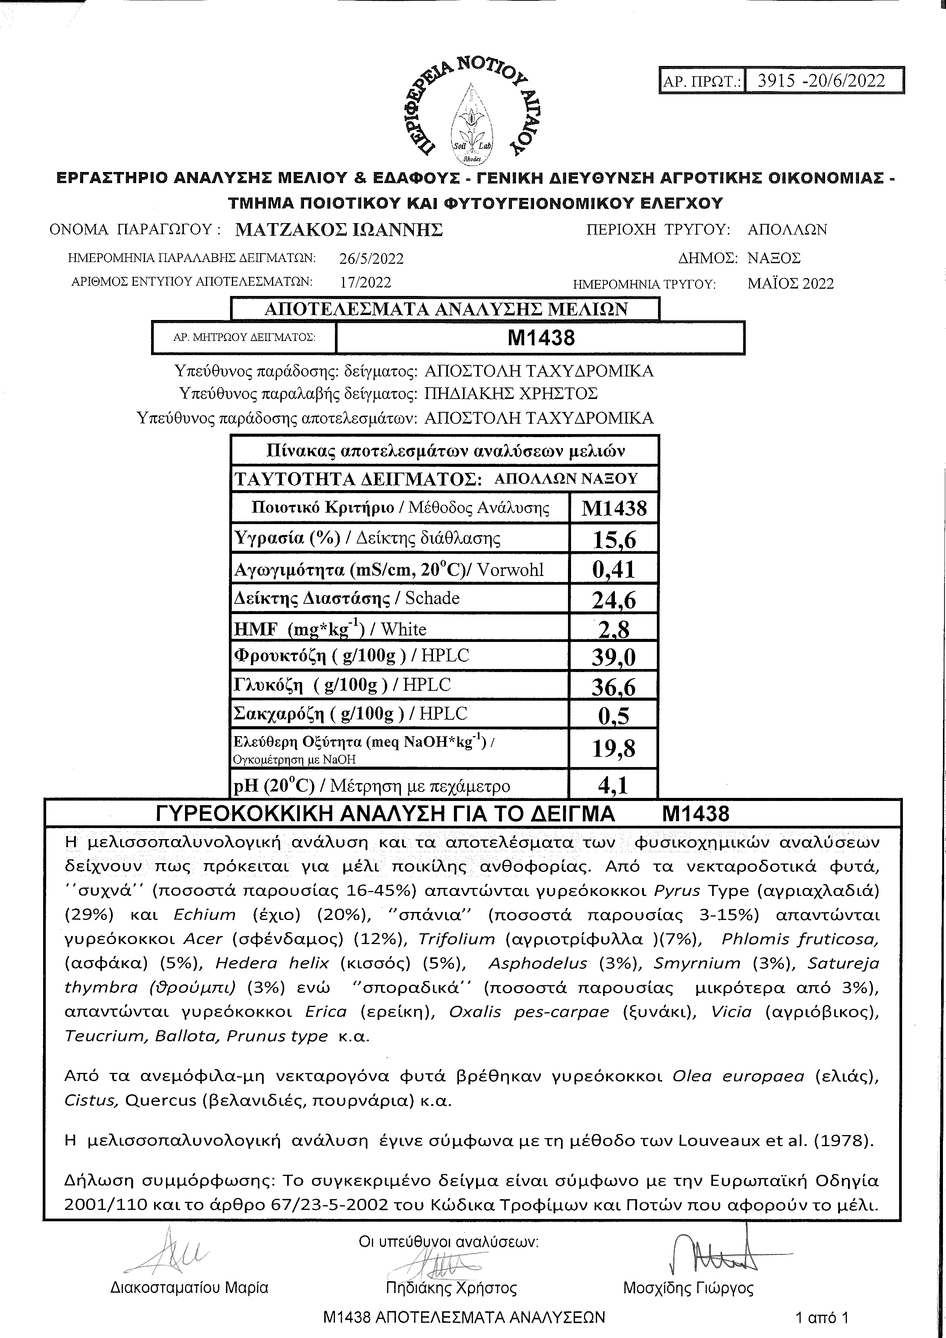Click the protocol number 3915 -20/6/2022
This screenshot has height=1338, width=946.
(821, 80)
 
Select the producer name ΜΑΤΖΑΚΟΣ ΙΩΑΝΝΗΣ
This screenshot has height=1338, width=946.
(339, 230)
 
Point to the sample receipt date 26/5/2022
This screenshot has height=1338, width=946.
(371, 258)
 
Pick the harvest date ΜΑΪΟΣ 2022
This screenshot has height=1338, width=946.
(790, 284)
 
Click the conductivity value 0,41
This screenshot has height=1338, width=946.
(614, 570)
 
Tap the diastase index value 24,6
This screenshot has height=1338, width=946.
(614, 600)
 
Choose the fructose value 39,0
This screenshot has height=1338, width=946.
(614, 657)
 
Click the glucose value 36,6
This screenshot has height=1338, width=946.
(614, 687)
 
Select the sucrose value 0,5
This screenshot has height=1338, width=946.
(614, 716)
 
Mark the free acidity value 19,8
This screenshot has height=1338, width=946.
(614, 749)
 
